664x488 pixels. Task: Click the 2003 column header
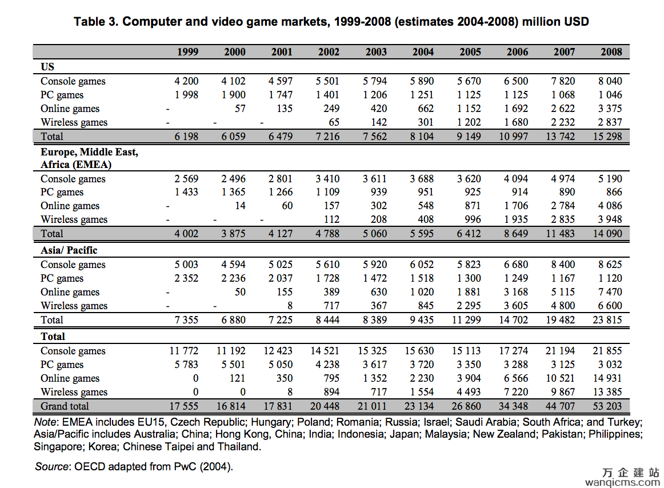pos(376,51)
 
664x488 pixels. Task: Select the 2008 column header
pos(611,51)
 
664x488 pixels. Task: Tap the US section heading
pos(47,66)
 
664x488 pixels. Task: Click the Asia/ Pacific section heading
pos(69,250)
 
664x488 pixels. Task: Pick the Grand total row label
pos(65,406)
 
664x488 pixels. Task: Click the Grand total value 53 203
pos(607,406)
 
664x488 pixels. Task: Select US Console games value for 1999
pos(186,81)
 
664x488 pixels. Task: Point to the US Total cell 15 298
pos(607,137)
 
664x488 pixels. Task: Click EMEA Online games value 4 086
pos(610,206)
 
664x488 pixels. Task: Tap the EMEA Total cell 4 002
pos(186,233)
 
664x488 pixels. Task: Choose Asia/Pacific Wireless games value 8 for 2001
pos(290,305)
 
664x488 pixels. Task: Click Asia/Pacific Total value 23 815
pos(607,319)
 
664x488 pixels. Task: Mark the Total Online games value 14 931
pos(607,378)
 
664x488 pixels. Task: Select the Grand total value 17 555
pos(184,406)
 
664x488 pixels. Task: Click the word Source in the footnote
pos(51,466)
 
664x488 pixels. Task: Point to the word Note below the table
pos(45,422)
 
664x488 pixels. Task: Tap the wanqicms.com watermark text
pos(622,482)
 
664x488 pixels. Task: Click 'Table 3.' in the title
pos(95,22)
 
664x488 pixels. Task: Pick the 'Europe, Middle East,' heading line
pos(89,152)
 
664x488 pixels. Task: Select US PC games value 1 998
pos(186,94)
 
